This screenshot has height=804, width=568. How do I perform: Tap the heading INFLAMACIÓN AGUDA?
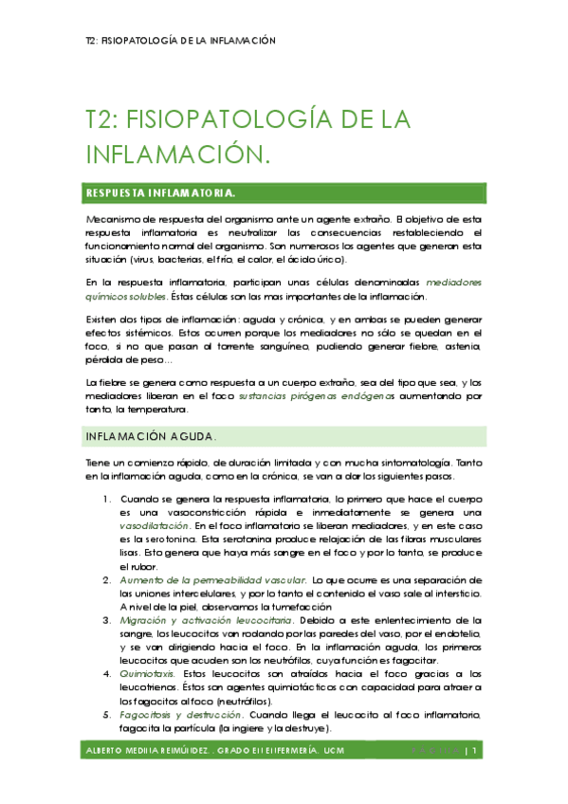[x=152, y=436]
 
